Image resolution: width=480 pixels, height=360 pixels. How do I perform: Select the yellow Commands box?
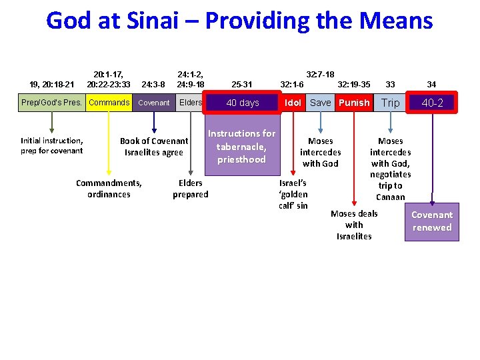pyautogui.click(x=109, y=103)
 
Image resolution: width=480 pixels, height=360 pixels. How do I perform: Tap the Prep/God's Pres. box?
pyautogui.click(x=52, y=103)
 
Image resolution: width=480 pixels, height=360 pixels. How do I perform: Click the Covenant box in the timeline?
pyautogui.click(x=154, y=103)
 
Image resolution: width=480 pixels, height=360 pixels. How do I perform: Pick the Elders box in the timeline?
pyautogui.click(x=191, y=103)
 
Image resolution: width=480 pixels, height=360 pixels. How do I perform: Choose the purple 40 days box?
pyautogui.click(x=243, y=103)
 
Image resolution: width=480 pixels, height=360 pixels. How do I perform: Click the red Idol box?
pyautogui.click(x=293, y=103)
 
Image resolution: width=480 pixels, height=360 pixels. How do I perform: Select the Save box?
pyautogui.click(x=320, y=103)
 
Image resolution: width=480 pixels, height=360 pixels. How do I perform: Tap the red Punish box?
pyautogui.click(x=353, y=103)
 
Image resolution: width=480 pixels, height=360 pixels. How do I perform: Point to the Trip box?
pyautogui.click(x=391, y=103)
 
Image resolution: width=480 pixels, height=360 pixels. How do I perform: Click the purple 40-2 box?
pyautogui.click(x=432, y=103)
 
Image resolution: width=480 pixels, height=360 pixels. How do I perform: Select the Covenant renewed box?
pyautogui.click(x=432, y=221)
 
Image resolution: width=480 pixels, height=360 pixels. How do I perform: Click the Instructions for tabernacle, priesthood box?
pyautogui.click(x=241, y=147)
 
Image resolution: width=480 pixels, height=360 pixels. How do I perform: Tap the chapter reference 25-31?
pyautogui.click(x=241, y=85)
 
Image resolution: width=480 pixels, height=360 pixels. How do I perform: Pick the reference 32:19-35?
pyautogui.click(x=354, y=85)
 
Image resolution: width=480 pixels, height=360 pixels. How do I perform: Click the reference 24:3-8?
pyautogui.click(x=154, y=85)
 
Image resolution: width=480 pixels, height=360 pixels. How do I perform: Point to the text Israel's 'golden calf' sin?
pyautogui.click(x=293, y=194)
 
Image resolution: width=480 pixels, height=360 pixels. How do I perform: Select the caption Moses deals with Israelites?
pyautogui.click(x=354, y=225)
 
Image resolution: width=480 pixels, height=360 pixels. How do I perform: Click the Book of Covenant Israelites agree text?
pyautogui.click(x=154, y=147)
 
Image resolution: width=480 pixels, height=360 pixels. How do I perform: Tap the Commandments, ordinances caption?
pyautogui.click(x=109, y=189)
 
